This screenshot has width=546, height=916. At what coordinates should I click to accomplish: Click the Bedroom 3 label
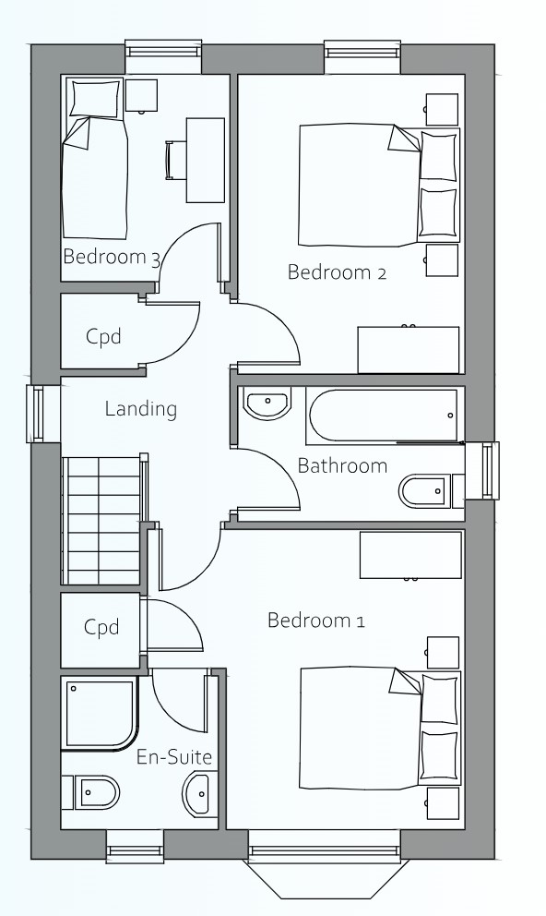tap(112, 257)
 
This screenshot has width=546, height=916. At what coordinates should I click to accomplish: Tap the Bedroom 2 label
tap(337, 272)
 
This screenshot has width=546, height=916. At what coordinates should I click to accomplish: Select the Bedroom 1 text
tap(315, 620)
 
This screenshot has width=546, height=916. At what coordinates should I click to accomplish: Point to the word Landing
tap(140, 409)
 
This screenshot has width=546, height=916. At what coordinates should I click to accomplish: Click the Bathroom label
tap(342, 465)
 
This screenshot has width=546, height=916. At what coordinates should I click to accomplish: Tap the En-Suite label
tap(173, 757)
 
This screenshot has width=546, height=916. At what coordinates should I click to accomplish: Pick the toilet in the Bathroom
tap(431, 490)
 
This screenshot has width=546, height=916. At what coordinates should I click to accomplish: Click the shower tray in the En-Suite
tap(101, 713)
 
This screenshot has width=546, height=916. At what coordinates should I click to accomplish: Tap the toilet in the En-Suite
tap(90, 793)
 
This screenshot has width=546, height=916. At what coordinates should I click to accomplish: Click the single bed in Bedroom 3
tap(95, 158)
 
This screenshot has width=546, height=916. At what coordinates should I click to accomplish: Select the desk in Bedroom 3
tap(206, 160)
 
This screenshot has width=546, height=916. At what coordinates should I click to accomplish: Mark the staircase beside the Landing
tap(102, 520)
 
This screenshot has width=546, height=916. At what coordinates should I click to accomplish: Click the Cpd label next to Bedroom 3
tap(103, 336)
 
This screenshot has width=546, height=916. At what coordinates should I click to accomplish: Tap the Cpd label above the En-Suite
tap(101, 627)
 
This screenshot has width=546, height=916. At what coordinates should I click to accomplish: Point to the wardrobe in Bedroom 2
tap(409, 349)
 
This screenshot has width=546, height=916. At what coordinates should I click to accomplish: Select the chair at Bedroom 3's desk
tap(172, 160)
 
